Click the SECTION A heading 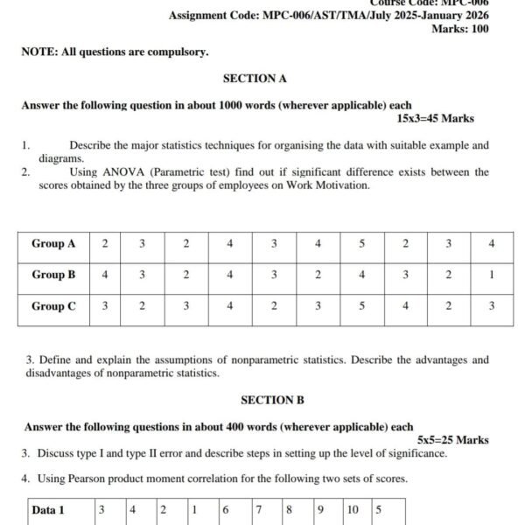[255, 78]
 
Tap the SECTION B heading [272, 400]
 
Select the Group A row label [53, 243]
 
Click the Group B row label [53, 275]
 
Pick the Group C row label [53, 306]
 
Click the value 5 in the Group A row [361, 243]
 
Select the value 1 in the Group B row [492, 275]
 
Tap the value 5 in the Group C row [361, 306]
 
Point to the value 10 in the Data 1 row [352, 509]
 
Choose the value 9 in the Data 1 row [319, 509]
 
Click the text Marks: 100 [460, 29]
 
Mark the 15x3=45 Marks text [435, 118]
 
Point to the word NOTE [38, 52]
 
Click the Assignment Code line [328, 16]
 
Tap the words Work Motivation [328, 185]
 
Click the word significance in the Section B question [416, 453]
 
